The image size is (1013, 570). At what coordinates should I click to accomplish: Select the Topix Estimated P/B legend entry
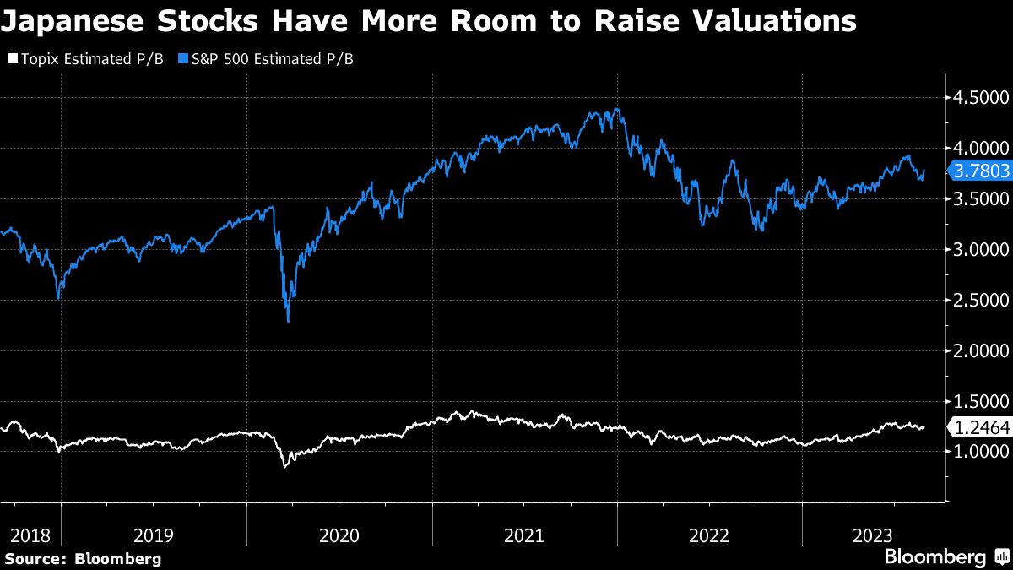click(x=84, y=60)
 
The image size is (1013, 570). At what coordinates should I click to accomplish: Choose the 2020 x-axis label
click(x=339, y=535)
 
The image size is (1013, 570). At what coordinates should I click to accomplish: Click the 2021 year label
click(x=524, y=535)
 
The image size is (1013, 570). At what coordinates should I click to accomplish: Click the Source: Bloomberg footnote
click(x=82, y=558)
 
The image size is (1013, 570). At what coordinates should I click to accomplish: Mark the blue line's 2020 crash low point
click(x=289, y=321)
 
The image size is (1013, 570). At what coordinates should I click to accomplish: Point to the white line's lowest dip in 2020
click(x=284, y=466)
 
